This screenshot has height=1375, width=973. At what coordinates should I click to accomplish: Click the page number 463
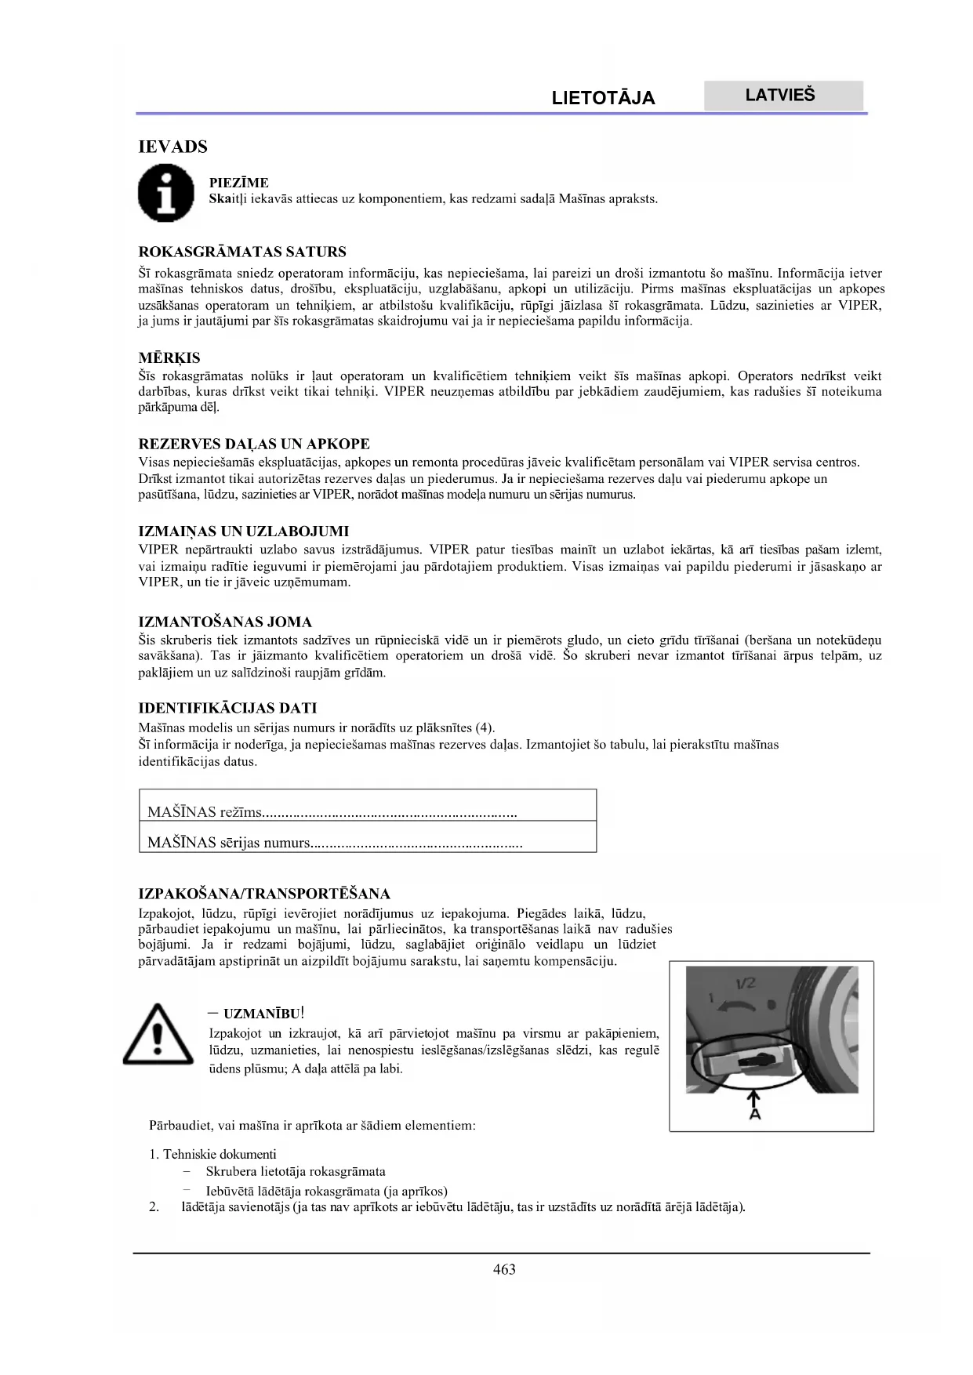pyautogui.click(x=504, y=1269)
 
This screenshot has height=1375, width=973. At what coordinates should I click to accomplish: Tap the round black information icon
pyautogui.click(x=165, y=194)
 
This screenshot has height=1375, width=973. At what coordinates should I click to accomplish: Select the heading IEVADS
pyautogui.click(x=172, y=147)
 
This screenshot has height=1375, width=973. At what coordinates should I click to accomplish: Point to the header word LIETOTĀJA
pyautogui.click(x=603, y=98)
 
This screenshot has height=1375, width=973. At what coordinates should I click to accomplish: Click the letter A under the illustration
pyautogui.click(x=755, y=1113)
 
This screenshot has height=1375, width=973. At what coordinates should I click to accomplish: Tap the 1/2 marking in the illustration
pyautogui.click(x=744, y=983)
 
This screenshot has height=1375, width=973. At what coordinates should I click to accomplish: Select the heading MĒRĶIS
pyautogui.click(x=169, y=358)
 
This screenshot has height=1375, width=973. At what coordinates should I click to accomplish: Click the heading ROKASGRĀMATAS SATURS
pyautogui.click(x=241, y=252)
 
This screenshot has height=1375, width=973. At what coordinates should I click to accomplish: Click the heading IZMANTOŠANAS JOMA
pyautogui.click(x=225, y=622)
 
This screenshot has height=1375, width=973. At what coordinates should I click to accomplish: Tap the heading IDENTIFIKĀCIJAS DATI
pyautogui.click(x=227, y=708)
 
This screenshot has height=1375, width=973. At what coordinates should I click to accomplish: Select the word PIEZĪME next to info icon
pyautogui.click(x=238, y=183)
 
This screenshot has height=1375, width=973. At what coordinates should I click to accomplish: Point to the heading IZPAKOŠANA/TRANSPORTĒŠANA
pyautogui.click(x=263, y=894)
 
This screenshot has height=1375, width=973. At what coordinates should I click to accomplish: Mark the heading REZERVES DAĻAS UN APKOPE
pyautogui.click(x=253, y=444)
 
